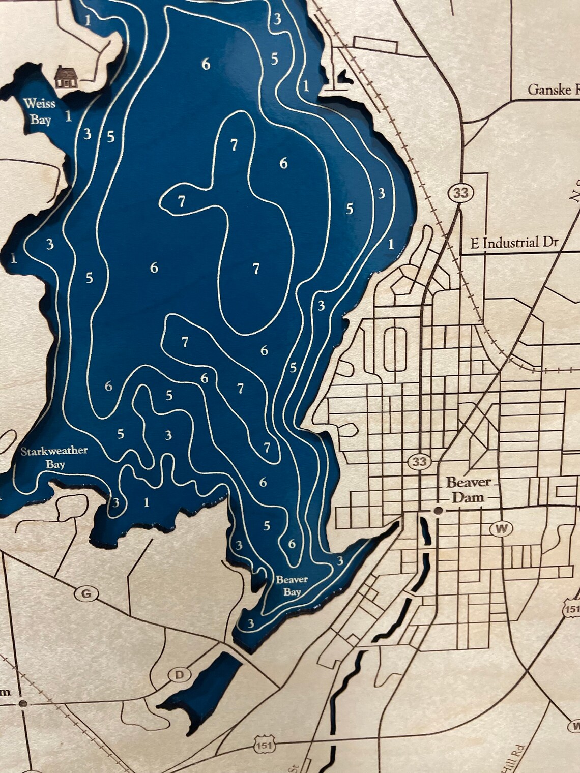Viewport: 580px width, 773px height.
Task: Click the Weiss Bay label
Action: [x=39, y=111]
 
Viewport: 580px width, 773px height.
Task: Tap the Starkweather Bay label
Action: [x=54, y=457]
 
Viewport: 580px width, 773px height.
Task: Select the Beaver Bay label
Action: [x=292, y=585]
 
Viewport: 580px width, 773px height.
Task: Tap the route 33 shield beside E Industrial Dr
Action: [x=461, y=193]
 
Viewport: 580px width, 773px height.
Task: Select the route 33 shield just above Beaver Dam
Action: [x=419, y=462]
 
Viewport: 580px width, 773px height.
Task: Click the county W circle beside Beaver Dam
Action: [x=501, y=529]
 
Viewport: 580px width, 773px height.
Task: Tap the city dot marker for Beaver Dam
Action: [x=438, y=510]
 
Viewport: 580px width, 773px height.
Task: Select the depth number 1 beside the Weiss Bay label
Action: [x=69, y=116]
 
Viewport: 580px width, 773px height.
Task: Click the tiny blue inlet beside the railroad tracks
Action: [x=343, y=78]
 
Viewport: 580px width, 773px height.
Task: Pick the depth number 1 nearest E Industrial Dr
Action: [x=391, y=244]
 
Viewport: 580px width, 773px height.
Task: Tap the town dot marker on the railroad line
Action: [x=22, y=704]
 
